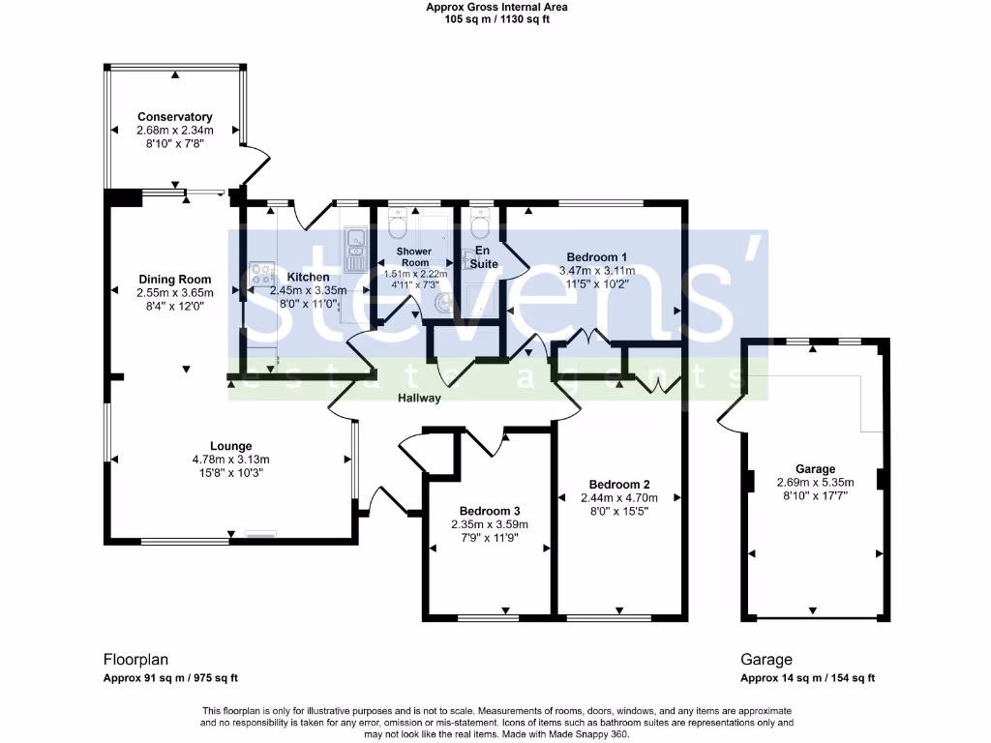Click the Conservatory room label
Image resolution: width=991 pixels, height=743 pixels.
click(174, 117)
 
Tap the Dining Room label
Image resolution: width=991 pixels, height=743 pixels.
click(174, 280)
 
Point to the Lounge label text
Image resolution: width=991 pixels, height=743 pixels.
click(230, 446)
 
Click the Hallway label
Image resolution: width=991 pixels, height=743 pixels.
click(418, 398)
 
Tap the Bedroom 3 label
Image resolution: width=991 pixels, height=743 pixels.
click(490, 511)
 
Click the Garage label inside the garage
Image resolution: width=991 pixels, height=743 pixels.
click(815, 469)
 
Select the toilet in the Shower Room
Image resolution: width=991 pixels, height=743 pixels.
click(397, 226)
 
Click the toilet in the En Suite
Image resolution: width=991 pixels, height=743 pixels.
click(478, 225)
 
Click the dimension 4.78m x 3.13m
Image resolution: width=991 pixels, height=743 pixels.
click(230, 460)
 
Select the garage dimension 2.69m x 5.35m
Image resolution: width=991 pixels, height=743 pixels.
click(815, 483)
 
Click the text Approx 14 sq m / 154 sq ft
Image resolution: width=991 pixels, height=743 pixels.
click(808, 678)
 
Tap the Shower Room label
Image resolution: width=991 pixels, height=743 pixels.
click(414, 257)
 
